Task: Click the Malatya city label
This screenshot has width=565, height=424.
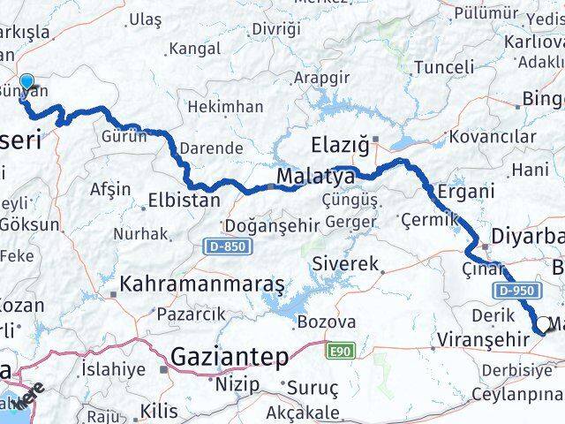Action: click(315, 177)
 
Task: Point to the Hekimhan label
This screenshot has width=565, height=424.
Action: click(224, 106)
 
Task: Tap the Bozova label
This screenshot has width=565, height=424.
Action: click(327, 322)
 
